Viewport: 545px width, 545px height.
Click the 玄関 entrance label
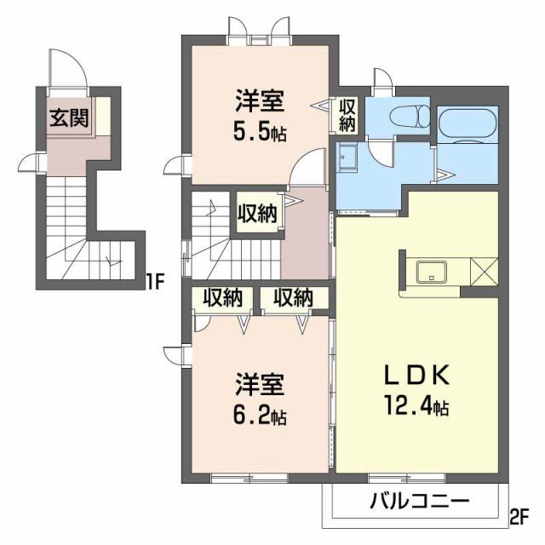[68, 118]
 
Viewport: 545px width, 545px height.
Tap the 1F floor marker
[153, 278]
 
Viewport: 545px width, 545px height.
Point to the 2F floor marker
[519, 515]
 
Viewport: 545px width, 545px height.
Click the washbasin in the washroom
[347, 158]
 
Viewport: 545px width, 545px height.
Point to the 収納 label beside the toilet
[348, 115]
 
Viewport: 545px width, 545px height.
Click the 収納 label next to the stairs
[256, 214]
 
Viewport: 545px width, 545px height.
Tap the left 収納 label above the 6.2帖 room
[223, 298]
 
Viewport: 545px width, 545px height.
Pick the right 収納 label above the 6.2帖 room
[292, 298]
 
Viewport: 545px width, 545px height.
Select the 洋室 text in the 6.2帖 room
[261, 385]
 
